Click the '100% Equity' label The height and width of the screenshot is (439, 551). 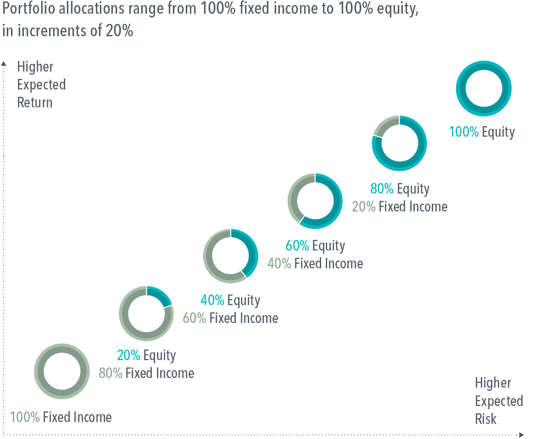[482, 132]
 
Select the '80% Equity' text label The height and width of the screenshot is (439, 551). [400, 189]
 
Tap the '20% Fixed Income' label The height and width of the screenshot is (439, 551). [400, 207]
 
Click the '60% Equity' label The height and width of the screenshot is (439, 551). [315, 246]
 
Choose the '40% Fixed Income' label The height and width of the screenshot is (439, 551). [315, 264]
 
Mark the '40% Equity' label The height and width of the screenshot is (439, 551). [230, 300]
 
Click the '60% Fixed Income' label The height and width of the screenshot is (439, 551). [230, 318]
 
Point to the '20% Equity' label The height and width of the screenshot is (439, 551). [146, 356]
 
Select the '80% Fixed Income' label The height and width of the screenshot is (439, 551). [146, 373]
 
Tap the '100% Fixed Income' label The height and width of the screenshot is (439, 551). [61, 417]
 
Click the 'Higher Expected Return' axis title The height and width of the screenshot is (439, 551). [41, 85]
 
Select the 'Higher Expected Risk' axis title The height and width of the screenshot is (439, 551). [499, 401]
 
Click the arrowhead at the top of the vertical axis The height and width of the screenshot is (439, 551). [4, 63]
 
